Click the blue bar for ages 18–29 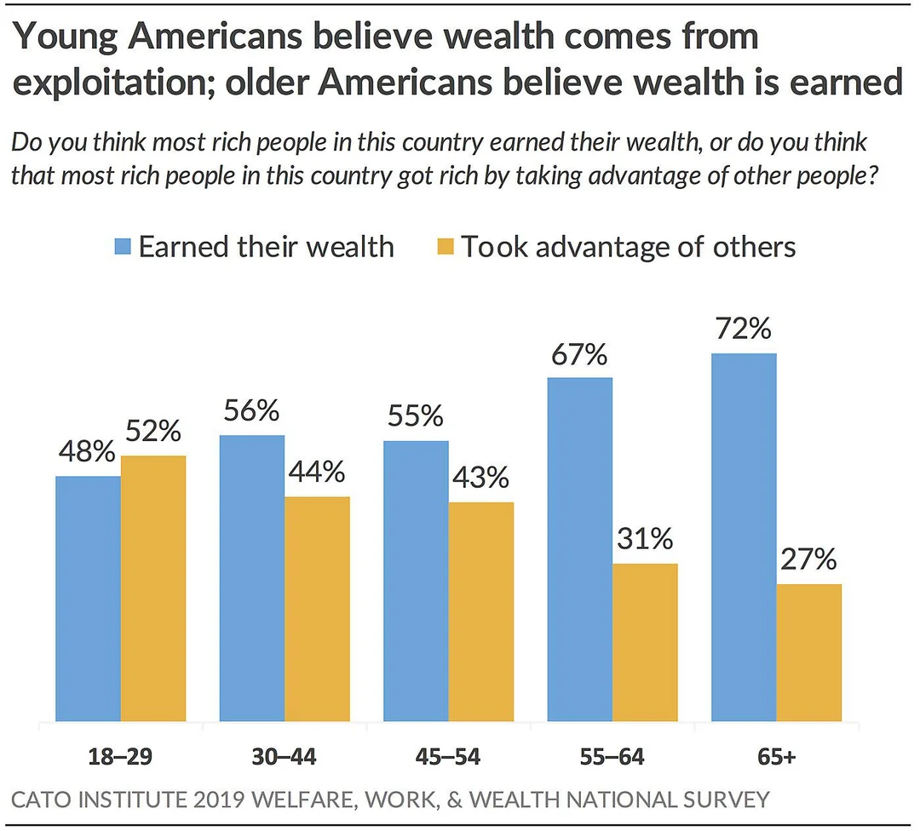pos(88,599)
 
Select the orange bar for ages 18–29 pos(153,588)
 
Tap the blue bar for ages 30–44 pos(252,578)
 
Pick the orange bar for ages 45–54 pos(481,611)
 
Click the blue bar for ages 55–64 pos(580,549)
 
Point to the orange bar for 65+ pos(809,652)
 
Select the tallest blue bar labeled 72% pos(745,537)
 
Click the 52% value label pos(153,432)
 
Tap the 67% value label pos(579,353)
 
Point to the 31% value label pos(646,539)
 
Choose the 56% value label pos(252,411)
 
